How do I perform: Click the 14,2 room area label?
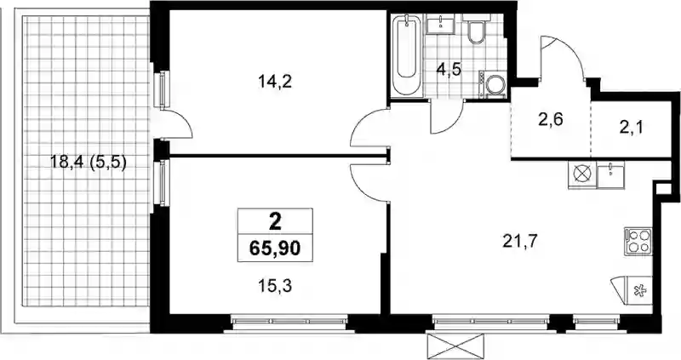coord(274,81)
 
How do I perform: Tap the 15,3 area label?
coord(274,285)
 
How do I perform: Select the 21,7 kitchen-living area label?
coord(520,241)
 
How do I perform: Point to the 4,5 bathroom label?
coord(449,69)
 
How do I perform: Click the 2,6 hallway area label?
coord(551,119)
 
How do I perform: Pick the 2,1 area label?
coord(631,128)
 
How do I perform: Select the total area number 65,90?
coord(275,249)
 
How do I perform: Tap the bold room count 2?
coord(275,223)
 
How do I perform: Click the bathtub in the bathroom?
coord(407,55)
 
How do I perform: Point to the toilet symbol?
coord(476,29)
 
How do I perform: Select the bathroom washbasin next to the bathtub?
coord(440,24)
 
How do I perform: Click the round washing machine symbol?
coord(495,84)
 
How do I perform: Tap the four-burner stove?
coord(638,241)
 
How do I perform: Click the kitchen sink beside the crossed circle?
coord(610,174)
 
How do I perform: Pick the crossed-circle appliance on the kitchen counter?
coord(582,174)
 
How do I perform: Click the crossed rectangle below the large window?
coord(455,345)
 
